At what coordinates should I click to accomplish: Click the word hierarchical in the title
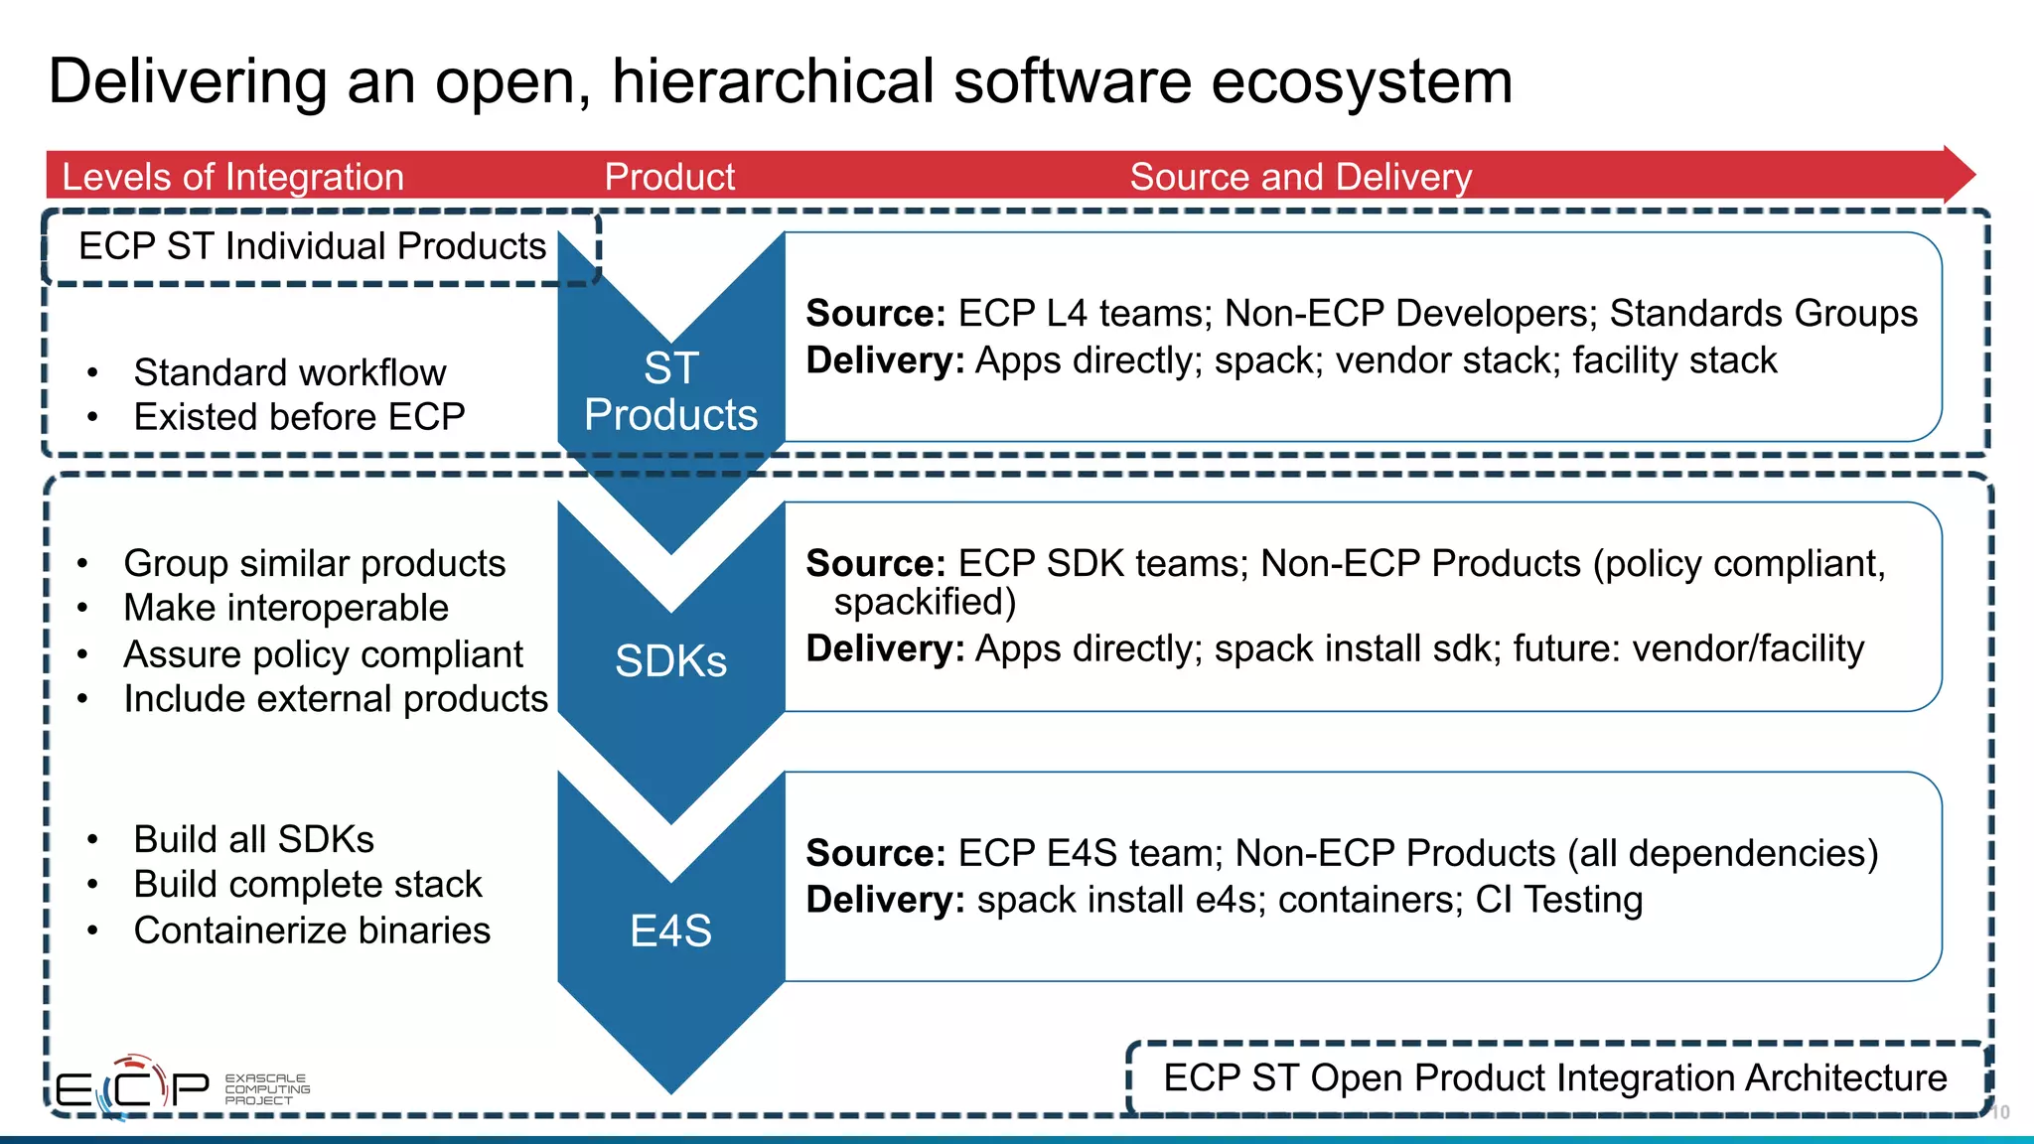point(773,81)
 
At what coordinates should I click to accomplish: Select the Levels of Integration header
point(232,177)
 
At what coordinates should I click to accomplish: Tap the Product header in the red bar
point(669,177)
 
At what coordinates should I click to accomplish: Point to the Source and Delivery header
point(1300,177)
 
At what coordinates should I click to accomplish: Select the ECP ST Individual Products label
point(312,246)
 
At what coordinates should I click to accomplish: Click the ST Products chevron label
point(670,391)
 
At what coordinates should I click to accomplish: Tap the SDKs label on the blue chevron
point(670,661)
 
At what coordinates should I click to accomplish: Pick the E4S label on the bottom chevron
point(670,931)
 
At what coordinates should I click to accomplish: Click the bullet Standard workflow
point(289,372)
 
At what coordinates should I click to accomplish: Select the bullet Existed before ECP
point(299,417)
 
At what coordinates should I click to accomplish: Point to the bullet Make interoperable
point(286,608)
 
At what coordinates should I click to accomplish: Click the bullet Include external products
point(336,699)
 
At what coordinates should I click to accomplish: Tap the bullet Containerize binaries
point(312,930)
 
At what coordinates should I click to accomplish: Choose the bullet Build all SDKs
point(253,839)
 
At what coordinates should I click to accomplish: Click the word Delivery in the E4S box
point(884,900)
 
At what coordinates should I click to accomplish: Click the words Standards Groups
point(1763,313)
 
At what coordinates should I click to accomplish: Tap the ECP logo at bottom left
point(131,1088)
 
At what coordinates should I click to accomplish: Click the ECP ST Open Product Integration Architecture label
point(1554,1078)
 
